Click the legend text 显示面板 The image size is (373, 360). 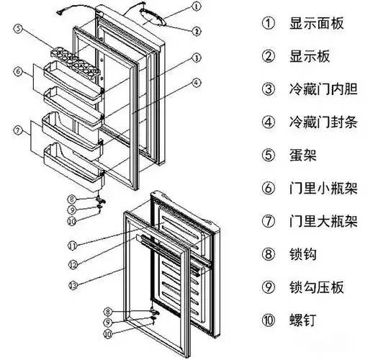point(315,24)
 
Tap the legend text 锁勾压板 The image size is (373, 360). point(315,287)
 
